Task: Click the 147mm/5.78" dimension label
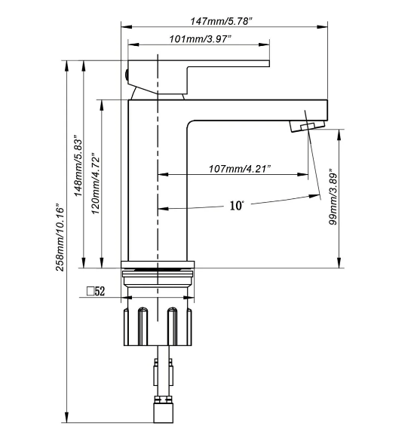pyautogui.click(x=221, y=21)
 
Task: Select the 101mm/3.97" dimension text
pyautogui.click(x=200, y=38)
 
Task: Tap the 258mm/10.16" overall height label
pyautogui.click(x=60, y=237)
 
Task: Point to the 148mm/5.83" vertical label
pyautogui.click(x=78, y=165)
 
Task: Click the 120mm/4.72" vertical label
pyautogui.click(x=96, y=183)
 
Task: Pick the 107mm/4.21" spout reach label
pyautogui.click(x=240, y=169)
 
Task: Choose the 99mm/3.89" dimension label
pyautogui.click(x=333, y=197)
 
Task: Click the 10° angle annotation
pyautogui.click(x=236, y=205)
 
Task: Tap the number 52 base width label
pyautogui.click(x=100, y=291)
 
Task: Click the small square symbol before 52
pyautogui.click(x=90, y=291)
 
